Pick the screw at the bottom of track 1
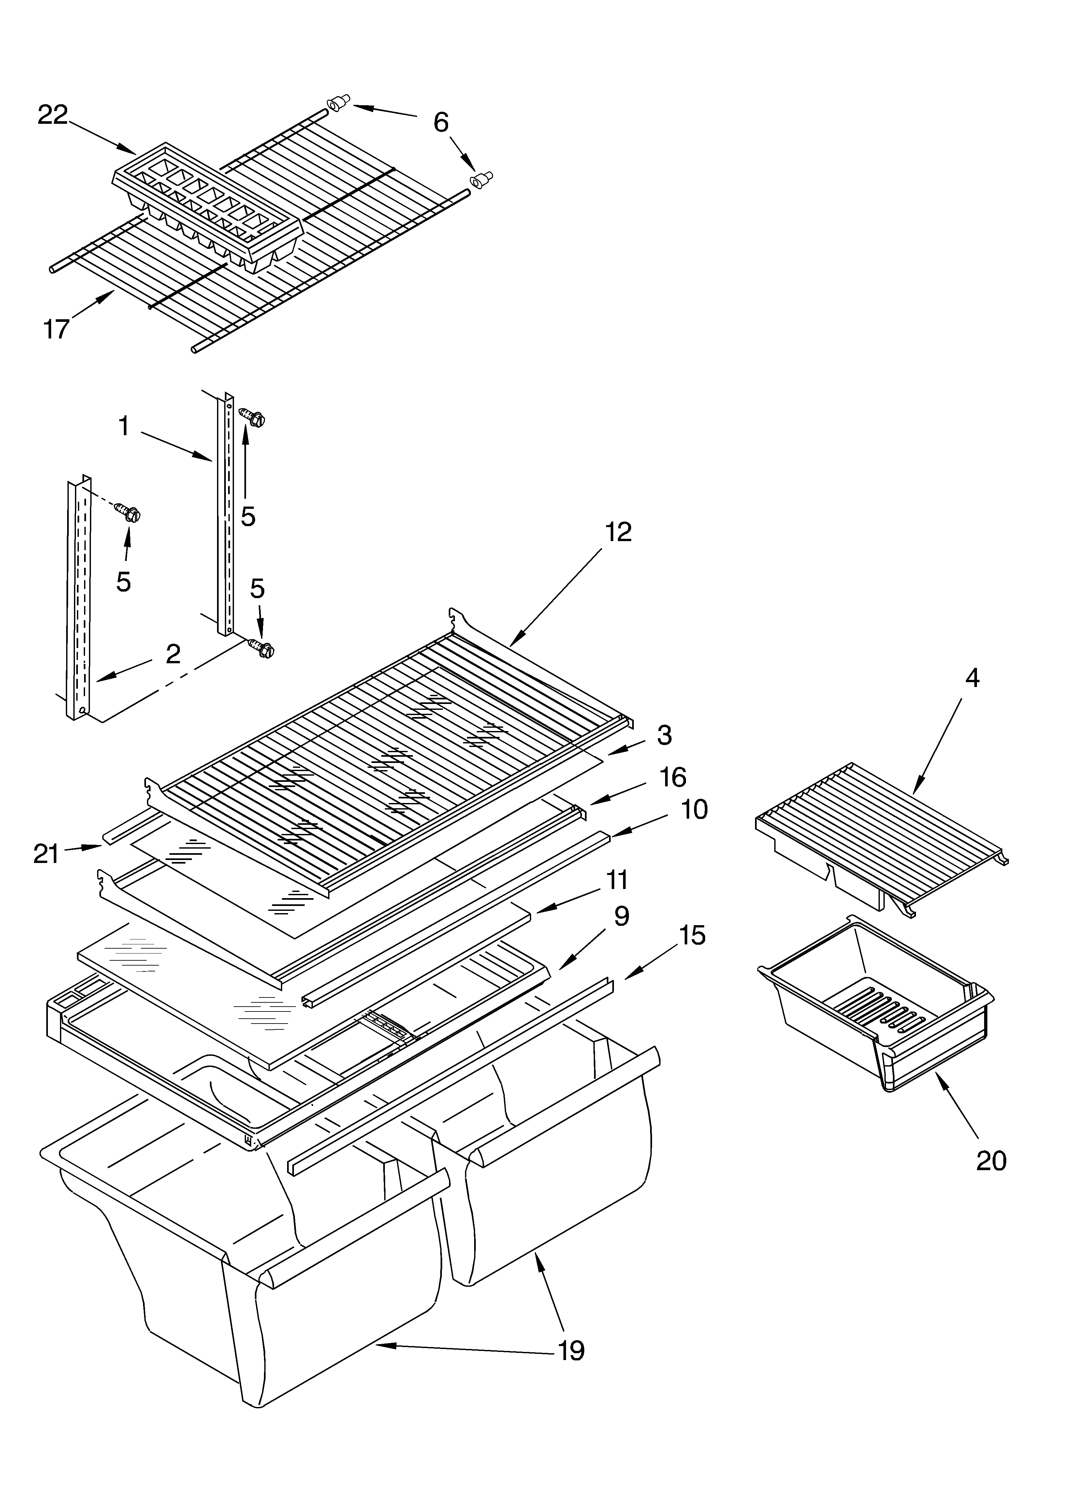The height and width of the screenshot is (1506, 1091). tap(261, 647)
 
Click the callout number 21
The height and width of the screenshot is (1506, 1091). tap(47, 853)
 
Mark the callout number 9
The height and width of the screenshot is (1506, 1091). tap(621, 916)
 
